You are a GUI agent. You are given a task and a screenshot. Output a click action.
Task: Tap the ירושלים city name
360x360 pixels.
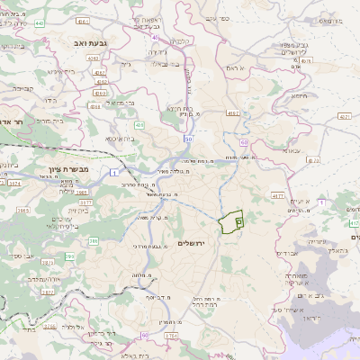tap(193, 244)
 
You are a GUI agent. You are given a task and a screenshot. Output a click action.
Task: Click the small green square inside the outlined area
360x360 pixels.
tap(238, 219)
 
